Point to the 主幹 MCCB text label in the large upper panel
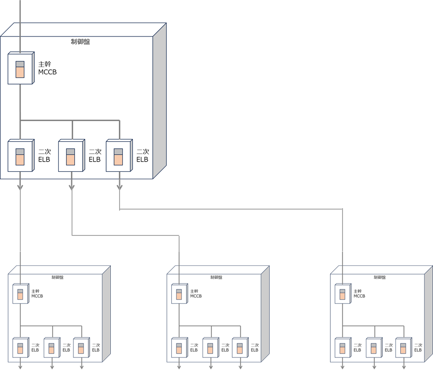click(47, 68)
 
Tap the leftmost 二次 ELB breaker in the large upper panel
click(20, 156)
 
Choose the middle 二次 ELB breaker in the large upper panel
click(70, 156)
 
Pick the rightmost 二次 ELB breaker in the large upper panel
click(118, 156)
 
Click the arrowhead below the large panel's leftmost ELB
click(20, 187)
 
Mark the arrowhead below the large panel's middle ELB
click(72, 187)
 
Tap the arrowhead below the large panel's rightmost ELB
click(119, 187)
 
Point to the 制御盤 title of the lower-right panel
click(379, 277)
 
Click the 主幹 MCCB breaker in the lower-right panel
click(343, 294)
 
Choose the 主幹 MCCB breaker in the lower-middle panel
click(179, 294)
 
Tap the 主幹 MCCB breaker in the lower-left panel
click(20, 294)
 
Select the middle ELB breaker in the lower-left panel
click(52, 348)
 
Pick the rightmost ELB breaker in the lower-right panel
click(403, 348)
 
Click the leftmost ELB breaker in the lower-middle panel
click(179, 348)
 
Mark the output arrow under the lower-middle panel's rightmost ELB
click(240, 367)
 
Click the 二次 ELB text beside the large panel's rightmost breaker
click(142, 156)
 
